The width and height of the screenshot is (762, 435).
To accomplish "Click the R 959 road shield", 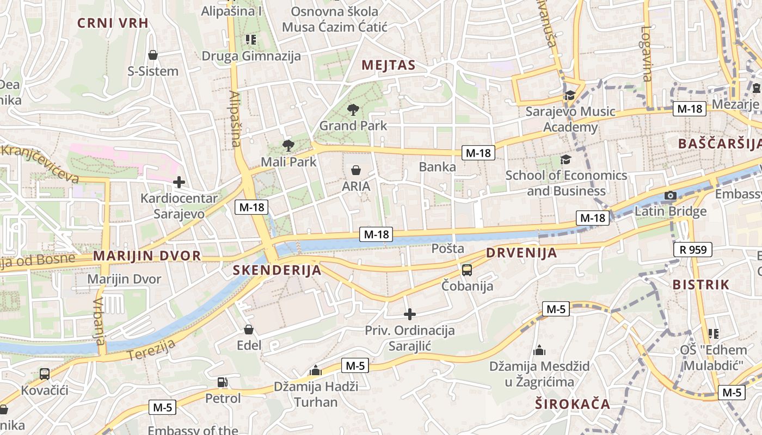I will pyautogui.click(x=693, y=250).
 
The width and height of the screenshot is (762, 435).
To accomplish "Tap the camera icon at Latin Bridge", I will pyautogui.click(x=670, y=196).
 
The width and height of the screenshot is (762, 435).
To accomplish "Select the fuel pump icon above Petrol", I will pyautogui.click(x=222, y=382).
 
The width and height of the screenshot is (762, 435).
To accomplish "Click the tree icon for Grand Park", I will pyautogui.click(x=353, y=110).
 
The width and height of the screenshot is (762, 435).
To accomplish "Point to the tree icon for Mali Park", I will pyautogui.click(x=288, y=146).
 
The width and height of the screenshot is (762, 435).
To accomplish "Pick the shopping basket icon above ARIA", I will pyautogui.click(x=356, y=170).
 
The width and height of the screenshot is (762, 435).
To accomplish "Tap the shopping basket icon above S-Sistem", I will pyautogui.click(x=153, y=55).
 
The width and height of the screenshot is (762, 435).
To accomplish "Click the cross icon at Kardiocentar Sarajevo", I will pyautogui.click(x=179, y=182).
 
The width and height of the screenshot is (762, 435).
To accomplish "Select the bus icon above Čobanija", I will pyautogui.click(x=467, y=270).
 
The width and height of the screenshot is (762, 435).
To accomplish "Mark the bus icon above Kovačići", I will pyautogui.click(x=45, y=374).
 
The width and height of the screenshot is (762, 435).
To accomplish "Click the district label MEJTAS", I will pyautogui.click(x=389, y=66).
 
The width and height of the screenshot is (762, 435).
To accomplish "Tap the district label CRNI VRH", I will pyautogui.click(x=113, y=23).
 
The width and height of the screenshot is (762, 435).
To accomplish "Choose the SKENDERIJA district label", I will pyautogui.click(x=277, y=270).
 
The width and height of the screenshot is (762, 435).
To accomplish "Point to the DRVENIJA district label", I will pyautogui.click(x=521, y=253).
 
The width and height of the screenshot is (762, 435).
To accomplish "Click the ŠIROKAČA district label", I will pyautogui.click(x=572, y=404).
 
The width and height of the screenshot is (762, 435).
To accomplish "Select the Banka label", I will pyautogui.click(x=438, y=167).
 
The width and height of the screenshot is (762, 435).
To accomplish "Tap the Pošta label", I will pyautogui.click(x=448, y=248).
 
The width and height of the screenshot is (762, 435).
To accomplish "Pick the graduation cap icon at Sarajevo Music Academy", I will pyautogui.click(x=570, y=96).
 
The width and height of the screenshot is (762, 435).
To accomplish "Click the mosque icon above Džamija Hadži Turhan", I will pyautogui.click(x=315, y=371).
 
